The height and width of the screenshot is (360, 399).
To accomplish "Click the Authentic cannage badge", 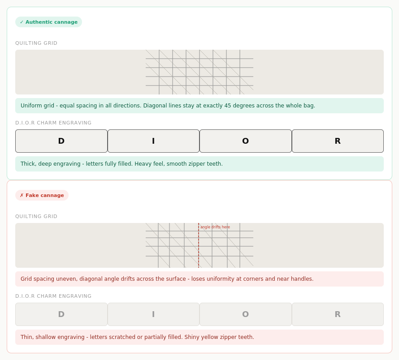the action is [x=48, y=22].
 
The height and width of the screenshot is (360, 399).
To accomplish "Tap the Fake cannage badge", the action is [x=42, y=195].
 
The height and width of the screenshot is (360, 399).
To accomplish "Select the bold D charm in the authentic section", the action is [x=61, y=141].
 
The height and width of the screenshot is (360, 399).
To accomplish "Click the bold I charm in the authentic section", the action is [x=153, y=141].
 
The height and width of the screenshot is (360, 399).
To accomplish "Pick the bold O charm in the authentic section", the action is [x=246, y=141].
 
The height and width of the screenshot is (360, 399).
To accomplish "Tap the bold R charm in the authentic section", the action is [x=338, y=141].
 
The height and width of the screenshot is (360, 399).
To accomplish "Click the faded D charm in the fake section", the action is [x=61, y=314].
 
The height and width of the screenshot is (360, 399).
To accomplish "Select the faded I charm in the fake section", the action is [x=153, y=314].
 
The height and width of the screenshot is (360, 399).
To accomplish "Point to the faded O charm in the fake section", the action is [x=246, y=314].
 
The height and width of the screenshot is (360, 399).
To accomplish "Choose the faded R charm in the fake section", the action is [x=338, y=314].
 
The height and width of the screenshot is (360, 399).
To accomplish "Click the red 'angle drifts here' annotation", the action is [x=215, y=227].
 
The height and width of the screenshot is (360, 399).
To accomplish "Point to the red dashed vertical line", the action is [x=199, y=245].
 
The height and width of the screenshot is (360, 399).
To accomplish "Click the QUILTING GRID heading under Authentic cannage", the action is [x=36, y=43].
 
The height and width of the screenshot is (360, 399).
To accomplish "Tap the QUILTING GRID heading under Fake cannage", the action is [x=36, y=216].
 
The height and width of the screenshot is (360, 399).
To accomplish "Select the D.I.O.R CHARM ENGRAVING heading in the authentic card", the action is [x=53, y=123].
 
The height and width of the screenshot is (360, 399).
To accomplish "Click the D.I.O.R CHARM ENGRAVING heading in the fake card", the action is [x=53, y=296].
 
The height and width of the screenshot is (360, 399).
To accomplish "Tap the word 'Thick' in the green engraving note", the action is [x=29, y=164].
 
